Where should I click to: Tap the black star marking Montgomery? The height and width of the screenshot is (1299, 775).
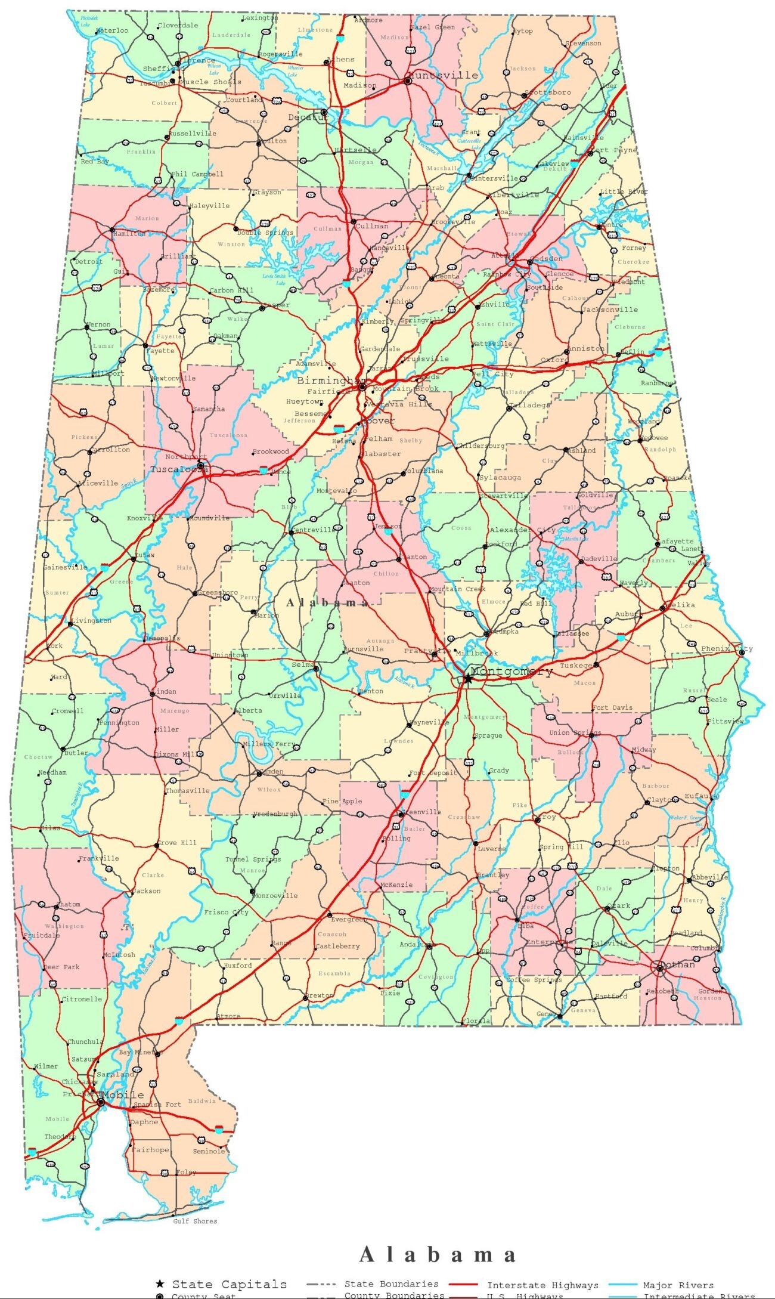(x=468, y=679)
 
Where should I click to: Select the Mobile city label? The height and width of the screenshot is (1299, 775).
(x=123, y=1095)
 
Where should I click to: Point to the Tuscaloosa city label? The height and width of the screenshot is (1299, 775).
(x=179, y=469)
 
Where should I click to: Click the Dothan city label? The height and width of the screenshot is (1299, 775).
(x=678, y=964)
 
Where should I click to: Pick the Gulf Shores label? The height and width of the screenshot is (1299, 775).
(x=195, y=1221)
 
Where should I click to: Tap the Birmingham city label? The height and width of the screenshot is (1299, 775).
(x=331, y=381)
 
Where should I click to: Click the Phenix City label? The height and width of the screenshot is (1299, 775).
(x=727, y=648)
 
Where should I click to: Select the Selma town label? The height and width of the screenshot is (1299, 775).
(x=303, y=664)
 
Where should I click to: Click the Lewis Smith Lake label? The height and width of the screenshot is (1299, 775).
(x=274, y=279)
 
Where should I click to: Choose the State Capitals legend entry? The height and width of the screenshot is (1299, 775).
(x=229, y=1284)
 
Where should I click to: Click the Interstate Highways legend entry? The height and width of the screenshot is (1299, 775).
(x=542, y=1285)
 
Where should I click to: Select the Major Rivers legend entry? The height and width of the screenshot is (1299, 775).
(x=678, y=1285)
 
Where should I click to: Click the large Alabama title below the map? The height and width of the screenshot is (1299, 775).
(x=437, y=1254)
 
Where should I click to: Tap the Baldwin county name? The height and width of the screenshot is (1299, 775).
(x=202, y=1101)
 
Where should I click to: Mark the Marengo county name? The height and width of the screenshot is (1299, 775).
(x=175, y=711)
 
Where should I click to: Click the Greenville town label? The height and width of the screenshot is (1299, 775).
(x=421, y=812)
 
